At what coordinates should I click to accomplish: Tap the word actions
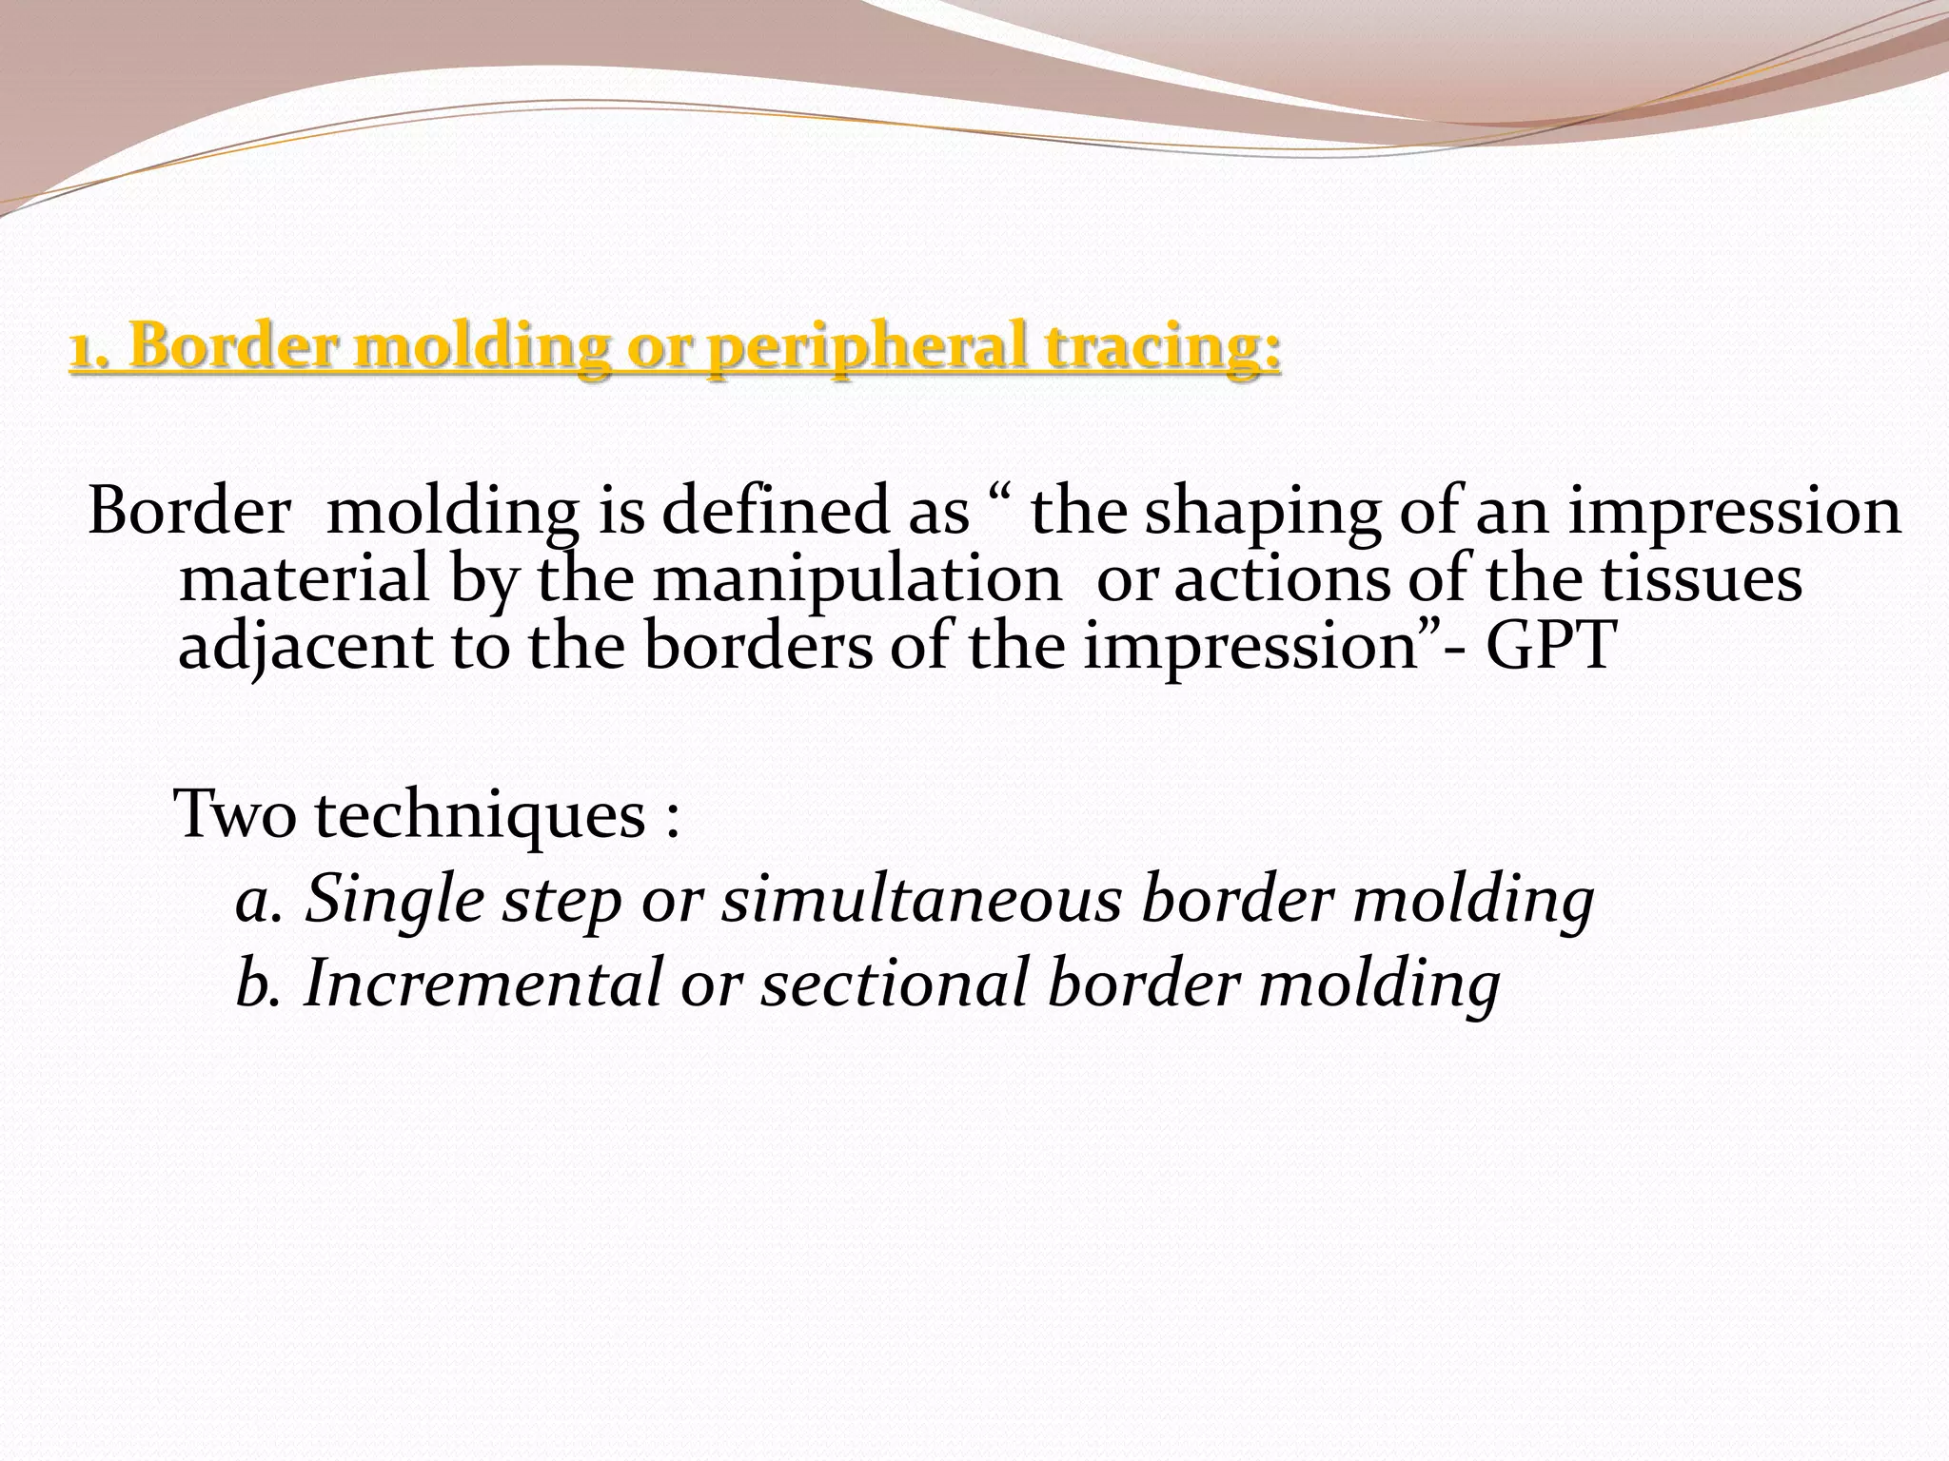click(1281, 580)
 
